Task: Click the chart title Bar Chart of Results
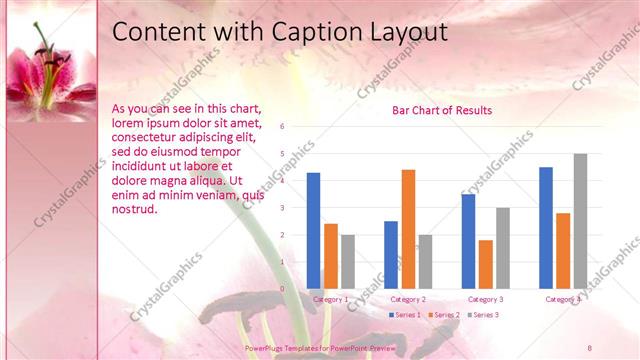pyautogui.click(x=441, y=110)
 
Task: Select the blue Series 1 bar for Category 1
pyautogui.click(x=313, y=230)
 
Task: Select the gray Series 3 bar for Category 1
pyautogui.click(x=347, y=261)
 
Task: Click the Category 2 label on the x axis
pyautogui.click(x=408, y=299)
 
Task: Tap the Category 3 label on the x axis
pyautogui.click(x=486, y=299)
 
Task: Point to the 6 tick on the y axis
pyautogui.click(x=283, y=127)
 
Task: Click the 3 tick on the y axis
pyautogui.click(x=283, y=208)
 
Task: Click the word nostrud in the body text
pyautogui.click(x=135, y=209)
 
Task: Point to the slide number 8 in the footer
pyautogui.click(x=590, y=347)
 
